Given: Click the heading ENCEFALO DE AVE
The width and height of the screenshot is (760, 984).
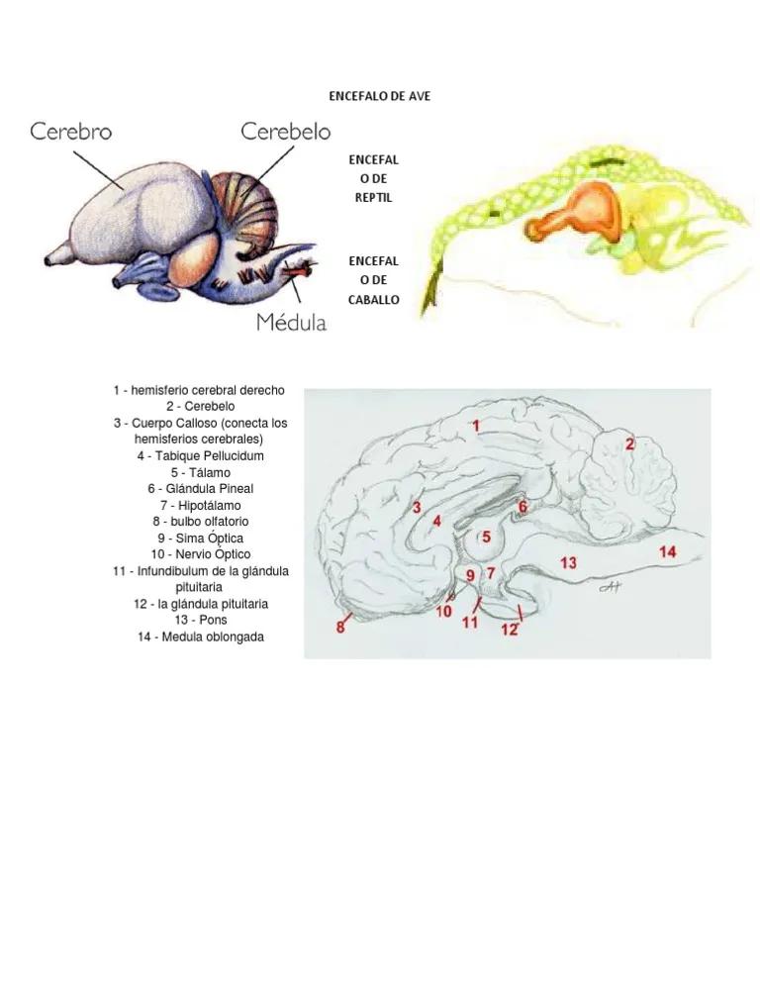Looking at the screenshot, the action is [380, 96].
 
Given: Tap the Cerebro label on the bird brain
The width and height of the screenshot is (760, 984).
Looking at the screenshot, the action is [71, 131].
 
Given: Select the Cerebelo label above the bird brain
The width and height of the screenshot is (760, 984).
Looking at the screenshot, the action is [286, 131].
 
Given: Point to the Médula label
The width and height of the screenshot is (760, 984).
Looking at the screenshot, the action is [291, 322].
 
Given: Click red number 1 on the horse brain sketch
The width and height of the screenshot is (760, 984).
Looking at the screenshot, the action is [476, 426].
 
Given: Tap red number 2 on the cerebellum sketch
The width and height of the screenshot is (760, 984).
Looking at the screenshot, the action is [629, 443].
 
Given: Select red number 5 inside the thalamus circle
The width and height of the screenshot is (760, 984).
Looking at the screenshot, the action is [486, 537].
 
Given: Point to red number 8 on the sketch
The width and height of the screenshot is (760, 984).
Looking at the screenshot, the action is [340, 627].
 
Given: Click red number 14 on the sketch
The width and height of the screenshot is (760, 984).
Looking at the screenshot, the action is [667, 551].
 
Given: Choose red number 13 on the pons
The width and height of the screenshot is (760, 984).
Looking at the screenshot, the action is [569, 562].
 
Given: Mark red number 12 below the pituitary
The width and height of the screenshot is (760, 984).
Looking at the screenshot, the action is [509, 630].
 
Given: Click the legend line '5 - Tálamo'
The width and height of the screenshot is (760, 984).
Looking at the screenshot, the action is [201, 472].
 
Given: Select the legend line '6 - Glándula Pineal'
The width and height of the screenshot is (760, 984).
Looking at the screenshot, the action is [201, 488].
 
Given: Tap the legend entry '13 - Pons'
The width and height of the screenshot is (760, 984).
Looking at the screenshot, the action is [201, 620].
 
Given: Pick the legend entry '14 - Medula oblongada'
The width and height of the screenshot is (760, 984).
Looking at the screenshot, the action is [201, 637].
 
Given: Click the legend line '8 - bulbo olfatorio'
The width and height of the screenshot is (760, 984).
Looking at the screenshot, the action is [201, 521].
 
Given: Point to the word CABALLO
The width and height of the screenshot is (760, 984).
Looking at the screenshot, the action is [374, 299].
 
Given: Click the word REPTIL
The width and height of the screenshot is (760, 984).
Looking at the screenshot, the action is [374, 198].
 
